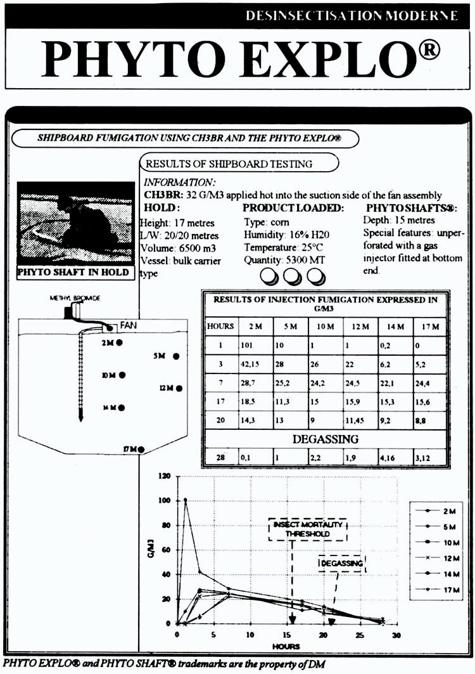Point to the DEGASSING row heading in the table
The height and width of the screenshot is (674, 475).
click(325, 439)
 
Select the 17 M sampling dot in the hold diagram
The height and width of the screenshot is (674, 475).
click(141, 450)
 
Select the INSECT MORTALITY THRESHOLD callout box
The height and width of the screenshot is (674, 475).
click(308, 529)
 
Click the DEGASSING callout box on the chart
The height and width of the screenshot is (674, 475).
click(341, 563)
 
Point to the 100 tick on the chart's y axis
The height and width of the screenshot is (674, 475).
click(167, 500)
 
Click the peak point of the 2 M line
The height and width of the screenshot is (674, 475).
click(186, 500)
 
